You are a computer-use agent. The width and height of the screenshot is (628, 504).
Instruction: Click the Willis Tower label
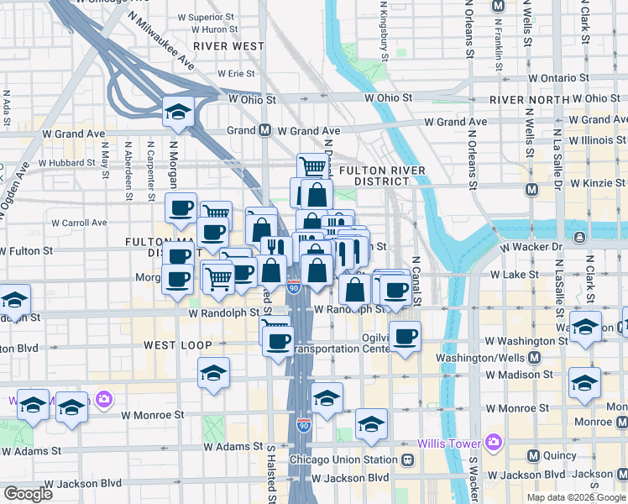[448, 442]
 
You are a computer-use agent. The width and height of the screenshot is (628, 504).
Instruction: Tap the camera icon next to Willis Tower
[492, 442]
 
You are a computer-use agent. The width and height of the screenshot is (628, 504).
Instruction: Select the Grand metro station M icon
[264, 130]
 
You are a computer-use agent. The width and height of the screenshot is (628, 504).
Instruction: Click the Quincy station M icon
[532, 456]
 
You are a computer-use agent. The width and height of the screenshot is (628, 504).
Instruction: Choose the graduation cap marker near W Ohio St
[178, 112]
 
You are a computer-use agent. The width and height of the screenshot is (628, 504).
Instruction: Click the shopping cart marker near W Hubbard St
[313, 165]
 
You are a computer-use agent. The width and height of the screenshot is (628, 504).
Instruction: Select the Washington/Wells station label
[476, 357]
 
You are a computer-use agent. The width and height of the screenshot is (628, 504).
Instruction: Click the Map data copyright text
[576, 497]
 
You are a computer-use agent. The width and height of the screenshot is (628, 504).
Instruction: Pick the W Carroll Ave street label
[80, 223]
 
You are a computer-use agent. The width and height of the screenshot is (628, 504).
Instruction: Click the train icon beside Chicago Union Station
[407, 460]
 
